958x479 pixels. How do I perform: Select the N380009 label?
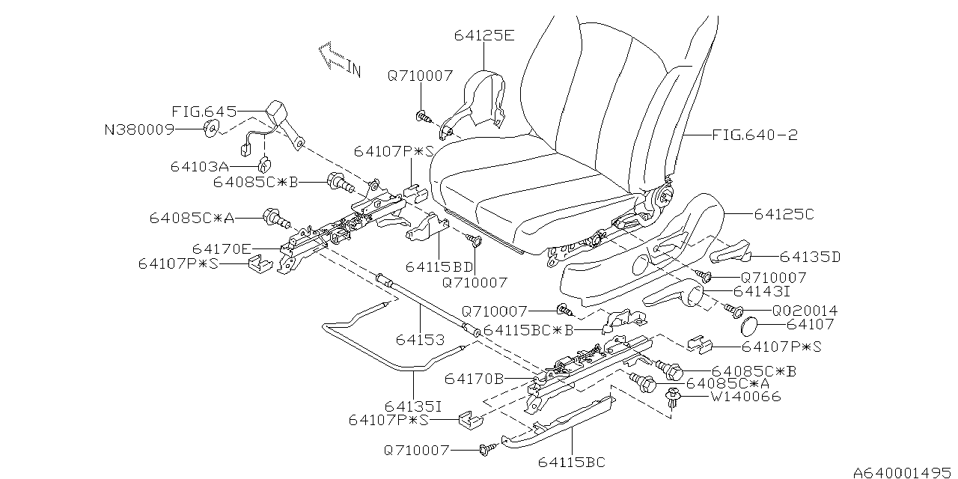(x=139, y=129)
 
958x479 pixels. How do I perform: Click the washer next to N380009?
(x=210, y=129)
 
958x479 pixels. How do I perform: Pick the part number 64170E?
(x=222, y=248)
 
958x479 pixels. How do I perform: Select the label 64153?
(x=420, y=340)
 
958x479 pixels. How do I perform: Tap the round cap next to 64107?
(x=748, y=325)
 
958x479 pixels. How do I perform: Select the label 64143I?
(x=763, y=290)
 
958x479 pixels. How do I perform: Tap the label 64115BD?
(x=439, y=266)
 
